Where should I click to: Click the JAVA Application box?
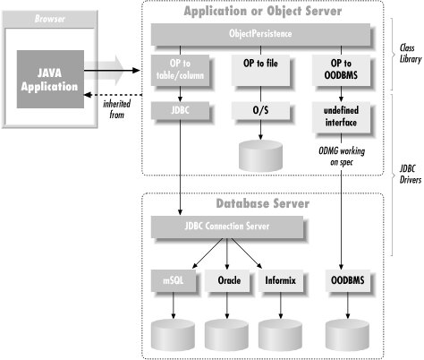click(x=50, y=79)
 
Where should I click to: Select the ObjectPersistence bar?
click(x=260, y=34)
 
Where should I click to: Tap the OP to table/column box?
click(x=180, y=71)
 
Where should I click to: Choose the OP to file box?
click(x=260, y=71)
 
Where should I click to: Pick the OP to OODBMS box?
click(x=341, y=71)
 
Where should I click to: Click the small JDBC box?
click(x=180, y=110)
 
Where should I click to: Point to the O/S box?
click(x=260, y=110)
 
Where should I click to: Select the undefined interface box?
click(x=341, y=117)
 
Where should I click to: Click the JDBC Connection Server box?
click(x=227, y=227)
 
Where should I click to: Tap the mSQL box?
click(x=174, y=280)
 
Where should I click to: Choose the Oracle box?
click(x=227, y=280)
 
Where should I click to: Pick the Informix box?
click(x=281, y=280)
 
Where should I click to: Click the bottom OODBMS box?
click(x=348, y=280)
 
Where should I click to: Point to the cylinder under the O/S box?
click(x=260, y=156)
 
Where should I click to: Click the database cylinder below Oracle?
click(x=226, y=335)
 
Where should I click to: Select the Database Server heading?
click(x=263, y=203)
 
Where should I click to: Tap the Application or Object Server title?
click(x=263, y=11)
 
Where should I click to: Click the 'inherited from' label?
click(x=117, y=109)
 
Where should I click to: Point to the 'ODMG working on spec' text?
click(x=342, y=157)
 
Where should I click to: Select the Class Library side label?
click(x=411, y=54)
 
